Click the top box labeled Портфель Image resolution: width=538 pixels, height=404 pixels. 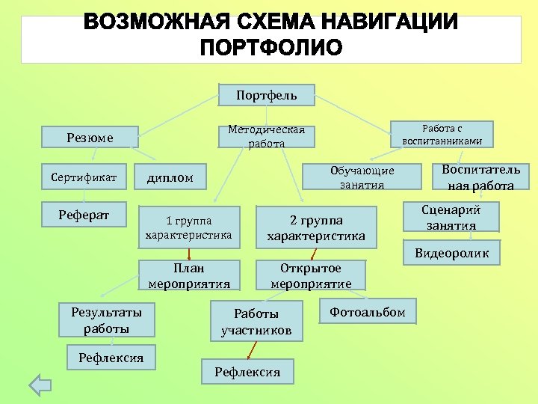(267, 95)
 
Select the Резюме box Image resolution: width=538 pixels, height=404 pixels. (90, 137)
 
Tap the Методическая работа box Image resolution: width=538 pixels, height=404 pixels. (267, 136)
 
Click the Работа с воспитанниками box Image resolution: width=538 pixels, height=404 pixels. (442, 134)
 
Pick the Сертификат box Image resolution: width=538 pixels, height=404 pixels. (84, 177)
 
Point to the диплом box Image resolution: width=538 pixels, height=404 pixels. (170, 177)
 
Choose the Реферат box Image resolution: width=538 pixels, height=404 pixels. (84, 215)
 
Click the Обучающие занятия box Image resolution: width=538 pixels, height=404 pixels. (362, 177)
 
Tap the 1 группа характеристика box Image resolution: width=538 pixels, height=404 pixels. (188, 227)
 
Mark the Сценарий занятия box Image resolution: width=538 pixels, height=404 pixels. (451, 218)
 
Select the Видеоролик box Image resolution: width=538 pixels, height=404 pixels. (451, 253)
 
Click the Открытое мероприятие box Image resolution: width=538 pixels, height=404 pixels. (311, 275)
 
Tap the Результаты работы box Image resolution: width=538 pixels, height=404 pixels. (106, 319)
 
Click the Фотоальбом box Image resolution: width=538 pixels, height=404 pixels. (368, 312)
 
